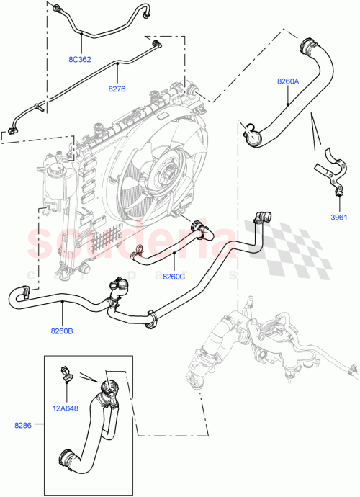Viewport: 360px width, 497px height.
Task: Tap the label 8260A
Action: pos(288,82)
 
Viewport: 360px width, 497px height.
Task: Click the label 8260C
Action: pos(174,276)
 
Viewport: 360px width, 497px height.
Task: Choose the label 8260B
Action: pos(62,331)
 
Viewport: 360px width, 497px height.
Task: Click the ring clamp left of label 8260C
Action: pos(138,252)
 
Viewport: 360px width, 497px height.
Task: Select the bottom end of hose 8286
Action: pos(65,457)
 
